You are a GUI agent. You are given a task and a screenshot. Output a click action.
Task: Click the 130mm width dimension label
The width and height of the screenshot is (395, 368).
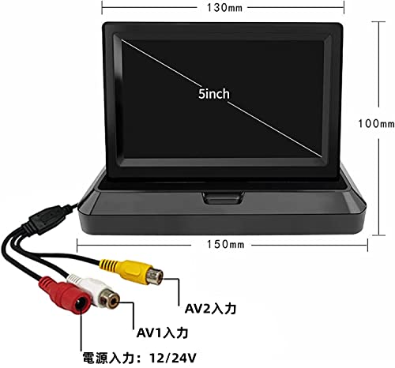pyautogui.click(x=224, y=8)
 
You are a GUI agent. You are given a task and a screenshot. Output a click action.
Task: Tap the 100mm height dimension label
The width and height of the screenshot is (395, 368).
pyautogui.click(x=376, y=123)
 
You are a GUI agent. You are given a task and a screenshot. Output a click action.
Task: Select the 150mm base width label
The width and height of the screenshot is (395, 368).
pyautogui.click(x=225, y=245)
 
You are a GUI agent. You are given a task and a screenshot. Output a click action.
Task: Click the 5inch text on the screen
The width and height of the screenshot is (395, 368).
pyautogui.click(x=214, y=94)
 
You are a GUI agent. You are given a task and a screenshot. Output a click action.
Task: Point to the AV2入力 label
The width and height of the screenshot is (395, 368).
pyautogui.click(x=210, y=309)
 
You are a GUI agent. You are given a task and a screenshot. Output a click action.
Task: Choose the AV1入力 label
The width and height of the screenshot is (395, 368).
pyautogui.click(x=162, y=333)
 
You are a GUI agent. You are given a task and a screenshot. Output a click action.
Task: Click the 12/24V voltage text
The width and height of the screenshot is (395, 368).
pyautogui.click(x=173, y=358)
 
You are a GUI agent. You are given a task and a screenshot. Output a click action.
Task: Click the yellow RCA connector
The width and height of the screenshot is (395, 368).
pyautogui.click(x=131, y=272)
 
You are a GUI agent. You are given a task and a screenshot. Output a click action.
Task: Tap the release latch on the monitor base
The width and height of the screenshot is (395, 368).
pyautogui.click(x=223, y=197)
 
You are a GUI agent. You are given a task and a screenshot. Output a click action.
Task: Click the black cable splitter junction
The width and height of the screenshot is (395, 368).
pyautogui.click(x=49, y=219)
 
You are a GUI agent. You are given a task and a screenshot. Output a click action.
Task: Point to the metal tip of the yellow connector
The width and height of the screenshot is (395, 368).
pyautogui.click(x=155, y=276)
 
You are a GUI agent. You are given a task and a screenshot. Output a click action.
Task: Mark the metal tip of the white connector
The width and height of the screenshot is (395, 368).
pyautogui.click(x=109, y=299)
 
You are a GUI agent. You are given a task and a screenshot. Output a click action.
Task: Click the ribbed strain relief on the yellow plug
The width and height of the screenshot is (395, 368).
pyautogui.click(x=108, y=265)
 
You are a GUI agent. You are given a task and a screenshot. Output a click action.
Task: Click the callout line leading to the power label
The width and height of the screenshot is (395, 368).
pyautogui.click(x=81, y=332)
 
